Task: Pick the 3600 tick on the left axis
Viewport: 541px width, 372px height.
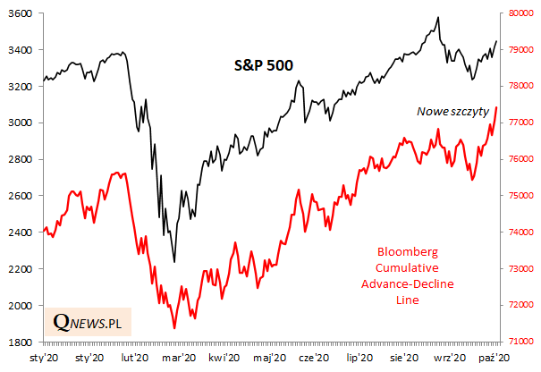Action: [21, 13]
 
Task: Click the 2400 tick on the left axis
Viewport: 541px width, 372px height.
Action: [21, 232]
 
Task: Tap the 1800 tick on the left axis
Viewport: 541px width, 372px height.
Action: [21, 342]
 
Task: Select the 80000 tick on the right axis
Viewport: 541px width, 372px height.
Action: [522, 13]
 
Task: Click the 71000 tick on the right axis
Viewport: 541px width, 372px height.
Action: [522, 342]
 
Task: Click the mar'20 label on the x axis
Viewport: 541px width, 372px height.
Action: [179, 358]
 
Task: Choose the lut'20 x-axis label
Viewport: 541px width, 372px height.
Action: [133, 358]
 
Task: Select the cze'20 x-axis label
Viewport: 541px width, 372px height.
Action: [314, 358]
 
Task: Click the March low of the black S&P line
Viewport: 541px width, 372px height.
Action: [174, 261]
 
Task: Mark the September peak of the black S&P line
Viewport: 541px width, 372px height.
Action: [437, 17]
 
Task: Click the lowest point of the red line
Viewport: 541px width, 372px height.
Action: [174, 328]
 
